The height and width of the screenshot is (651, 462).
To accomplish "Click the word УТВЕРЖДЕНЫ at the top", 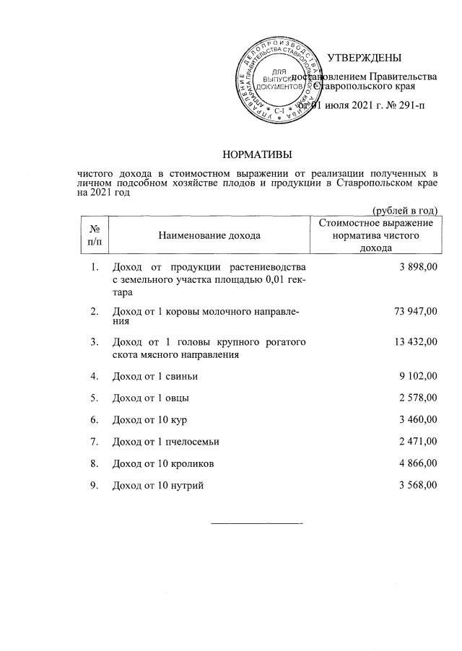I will [364, 58].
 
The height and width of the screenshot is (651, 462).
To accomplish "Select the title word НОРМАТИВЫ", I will [258, 154].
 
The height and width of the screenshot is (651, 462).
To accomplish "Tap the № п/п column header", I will [92, 235].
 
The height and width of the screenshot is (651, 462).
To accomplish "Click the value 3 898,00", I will [417, 268].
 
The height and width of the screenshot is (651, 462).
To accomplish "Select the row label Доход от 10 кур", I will [149, 419].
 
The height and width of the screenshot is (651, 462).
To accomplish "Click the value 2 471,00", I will [417, 441].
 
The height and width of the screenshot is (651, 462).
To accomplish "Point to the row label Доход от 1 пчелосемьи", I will [165, 441].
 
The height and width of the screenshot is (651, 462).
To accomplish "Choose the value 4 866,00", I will [417, 463].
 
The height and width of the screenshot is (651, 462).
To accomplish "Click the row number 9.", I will [94, 485].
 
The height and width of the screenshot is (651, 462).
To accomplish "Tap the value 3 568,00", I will [417, 485].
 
